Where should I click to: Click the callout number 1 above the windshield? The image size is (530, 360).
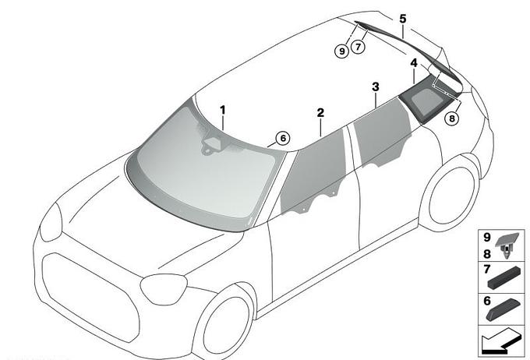pyautogui.click(x=222, y=110)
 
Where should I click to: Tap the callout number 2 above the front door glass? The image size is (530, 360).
pyautogui.click(x=320, y=112)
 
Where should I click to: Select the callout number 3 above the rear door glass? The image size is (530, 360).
pyautogui.click(x=376, y=86)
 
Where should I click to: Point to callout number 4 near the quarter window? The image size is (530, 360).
pyautogui.click(x=414, y=63)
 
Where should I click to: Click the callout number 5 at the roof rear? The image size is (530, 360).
pyautogui.click(x=403, y=19)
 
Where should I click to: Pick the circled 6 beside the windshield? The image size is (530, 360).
pyautogui.click(x=283, y=138)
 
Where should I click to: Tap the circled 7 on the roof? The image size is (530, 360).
pyautogui.click(x=358, y=46)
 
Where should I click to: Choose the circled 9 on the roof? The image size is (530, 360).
pyautogui.click(x=341, y=51)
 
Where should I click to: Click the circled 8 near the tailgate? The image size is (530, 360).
pyautogui.click(x=452, y=118)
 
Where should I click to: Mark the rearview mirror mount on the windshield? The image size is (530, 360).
pyautogui.click(x=212, y=146)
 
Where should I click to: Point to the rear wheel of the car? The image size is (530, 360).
pyautogui.click(x=450, y=194)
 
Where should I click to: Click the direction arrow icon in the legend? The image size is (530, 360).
pyautogui.click(x=501, y=341)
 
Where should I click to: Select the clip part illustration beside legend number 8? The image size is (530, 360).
pyautogui.click(x=507, y=245)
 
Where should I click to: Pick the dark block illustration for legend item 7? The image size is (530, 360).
pyautogui.click(x=504, y=278)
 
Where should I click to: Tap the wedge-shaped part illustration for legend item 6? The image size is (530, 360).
pyautogui.click(x=503, y=310)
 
